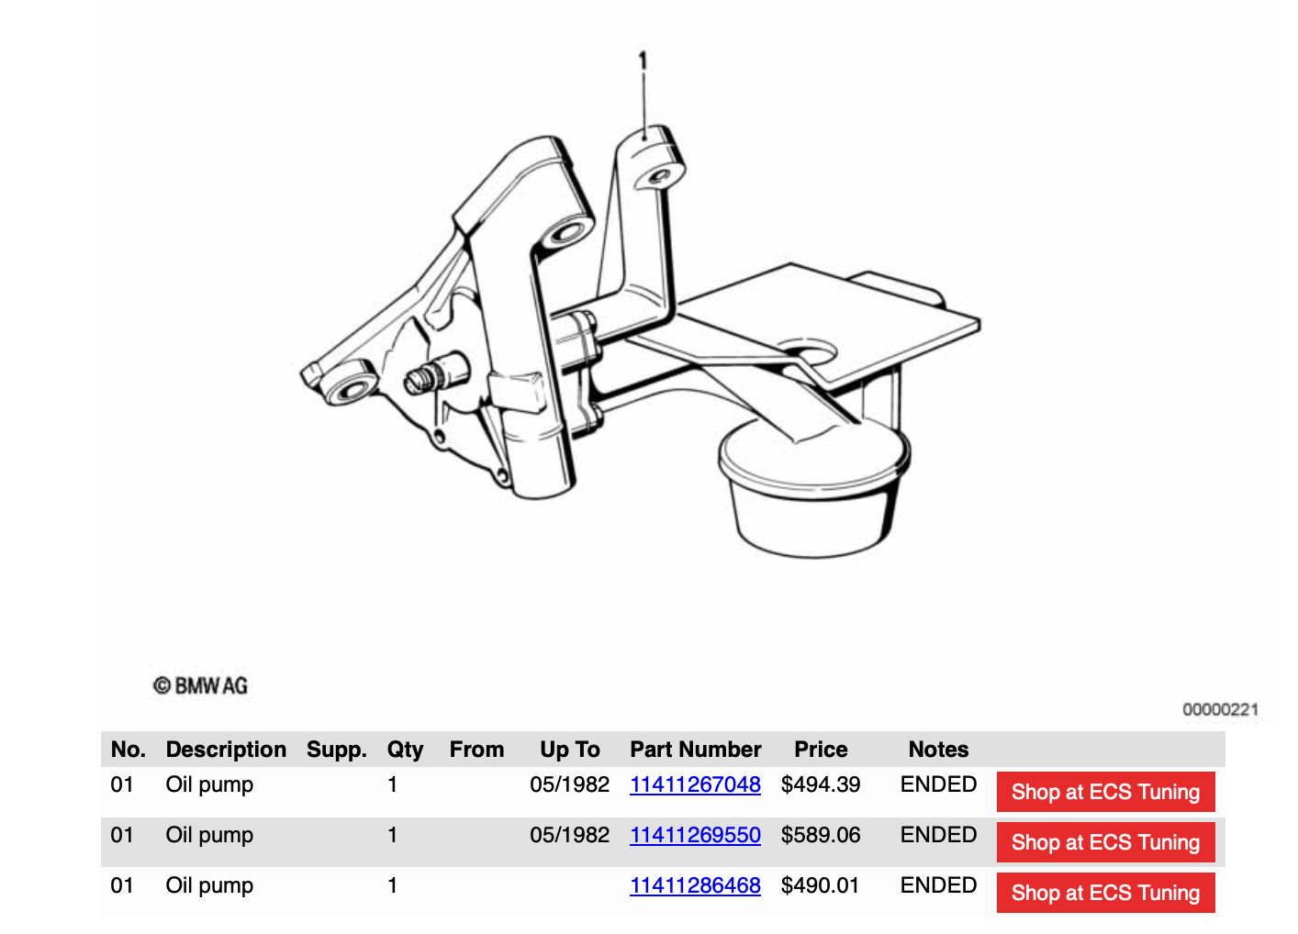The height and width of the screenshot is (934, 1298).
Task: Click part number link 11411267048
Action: point(695,784)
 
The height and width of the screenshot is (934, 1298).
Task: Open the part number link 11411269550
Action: point(695,835)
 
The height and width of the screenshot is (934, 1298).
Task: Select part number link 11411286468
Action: point(695,885)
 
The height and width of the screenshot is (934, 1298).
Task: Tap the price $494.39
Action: point(821,784)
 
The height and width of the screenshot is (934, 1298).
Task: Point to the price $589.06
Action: point(821,835)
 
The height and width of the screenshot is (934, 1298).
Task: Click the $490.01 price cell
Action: point(820,885)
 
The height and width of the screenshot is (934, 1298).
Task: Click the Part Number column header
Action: point(696,750)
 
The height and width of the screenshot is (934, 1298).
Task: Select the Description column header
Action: point(226,750)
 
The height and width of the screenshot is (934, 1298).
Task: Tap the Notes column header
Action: point(938,750)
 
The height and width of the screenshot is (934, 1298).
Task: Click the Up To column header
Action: point(570,750)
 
